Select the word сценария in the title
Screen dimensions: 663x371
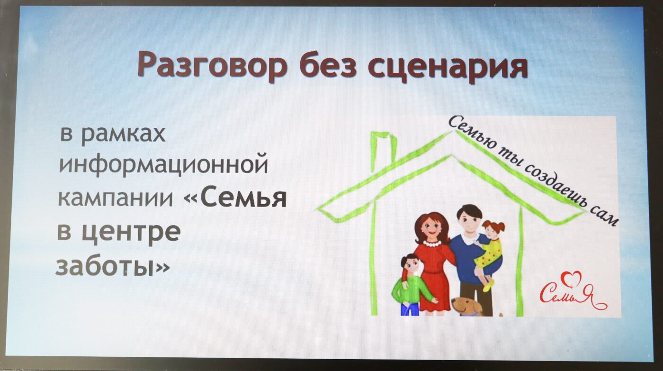[x=448, y=66]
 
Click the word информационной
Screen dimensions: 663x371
[x=164, y=165]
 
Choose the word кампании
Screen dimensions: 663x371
[x=116, y=199]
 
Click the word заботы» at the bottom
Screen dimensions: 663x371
[x=113, y=266]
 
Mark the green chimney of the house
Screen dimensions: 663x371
[x=384, y=151]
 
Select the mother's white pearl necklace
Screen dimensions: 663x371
[x=432, y=244]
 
